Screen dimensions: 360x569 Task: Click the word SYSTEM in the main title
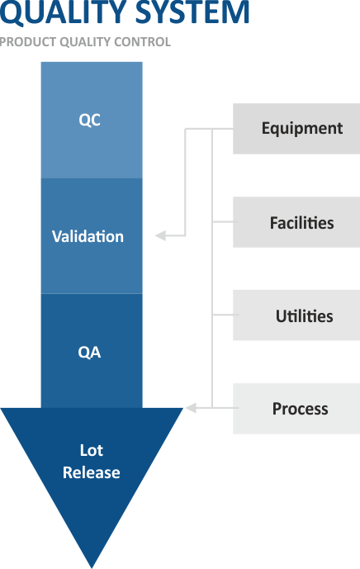(192, 12)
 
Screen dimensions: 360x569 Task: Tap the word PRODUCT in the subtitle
(28, 42)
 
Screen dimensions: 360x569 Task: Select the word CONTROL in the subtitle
(142, 42)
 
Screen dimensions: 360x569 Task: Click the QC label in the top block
(90, 120)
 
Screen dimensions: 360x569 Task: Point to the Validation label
(88, 236)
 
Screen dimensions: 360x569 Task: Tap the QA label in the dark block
(89, 353)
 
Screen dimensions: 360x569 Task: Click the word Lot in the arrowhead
(92, 450)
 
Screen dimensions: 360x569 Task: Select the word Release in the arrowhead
(92, 472)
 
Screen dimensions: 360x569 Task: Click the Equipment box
(296, 129)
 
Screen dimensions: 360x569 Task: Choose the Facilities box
(296, 222)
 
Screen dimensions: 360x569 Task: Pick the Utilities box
(296, 315)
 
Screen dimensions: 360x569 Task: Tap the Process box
(296, 408)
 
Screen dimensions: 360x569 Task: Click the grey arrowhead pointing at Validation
(160, 235)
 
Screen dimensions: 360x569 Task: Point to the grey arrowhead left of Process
(192, 408)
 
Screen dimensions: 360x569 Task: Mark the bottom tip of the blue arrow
(92, 568)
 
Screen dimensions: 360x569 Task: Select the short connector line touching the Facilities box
(225, 221)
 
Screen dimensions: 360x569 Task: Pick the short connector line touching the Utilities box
(225, 315)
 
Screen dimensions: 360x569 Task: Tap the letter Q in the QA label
(83, 353)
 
